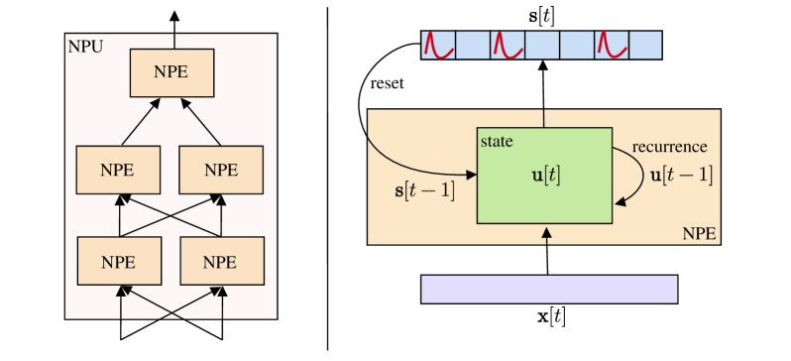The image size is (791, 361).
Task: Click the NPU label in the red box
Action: pyautogui.click(x=84, y=46)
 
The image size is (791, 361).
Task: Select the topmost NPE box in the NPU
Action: pyautogui.click(x=171, y=72)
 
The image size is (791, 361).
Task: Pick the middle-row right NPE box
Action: pyautogui.click(x=221, y=170)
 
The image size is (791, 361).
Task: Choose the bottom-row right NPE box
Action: pyautogui.click(x=221, y=262)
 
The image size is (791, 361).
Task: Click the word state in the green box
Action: pyautogui.click(x=497, y=142)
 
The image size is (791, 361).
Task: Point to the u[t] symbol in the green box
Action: pyautogui.click(x=545, y=176)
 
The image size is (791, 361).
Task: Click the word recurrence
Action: pyautogui.click(x=670, y=147)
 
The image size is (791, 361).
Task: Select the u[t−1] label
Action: pyautogui.click(x=681, y=175)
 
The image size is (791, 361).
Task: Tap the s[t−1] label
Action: pyautogui.click(x=424, y=189)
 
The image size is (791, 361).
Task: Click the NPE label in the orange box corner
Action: pyautogui.click(x=699, y=234)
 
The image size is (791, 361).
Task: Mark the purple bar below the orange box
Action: pyautogui.click(x=549, y=289)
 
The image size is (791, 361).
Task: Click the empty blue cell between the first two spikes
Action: pyautogui.click(x=473, y=45)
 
